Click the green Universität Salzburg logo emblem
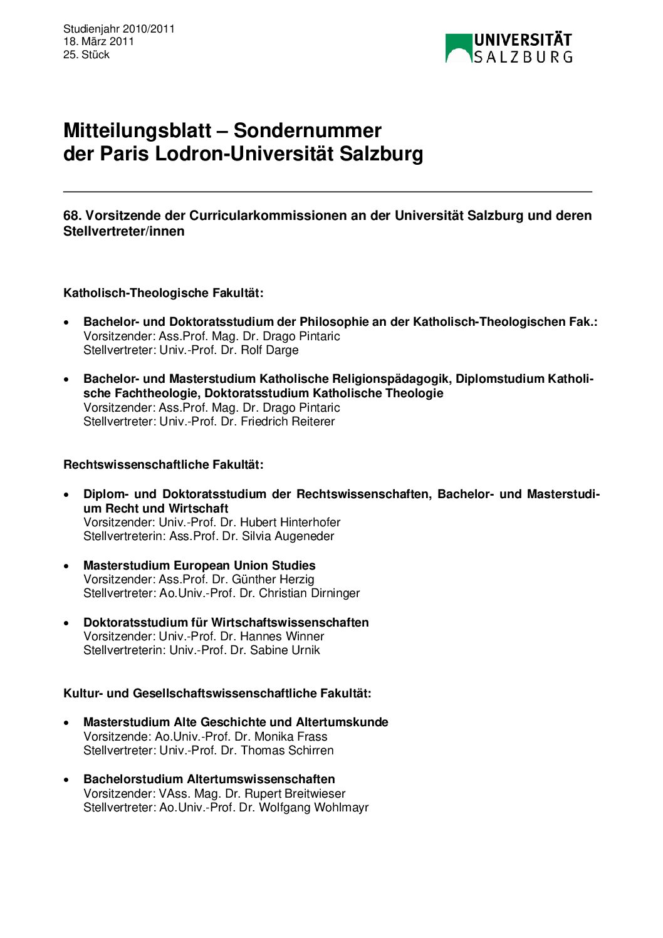458,48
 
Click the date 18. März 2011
98,41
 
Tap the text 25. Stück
86,55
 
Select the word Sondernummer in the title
307,130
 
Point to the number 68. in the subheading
72,216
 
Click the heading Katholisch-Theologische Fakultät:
164,293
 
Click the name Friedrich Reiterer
288,421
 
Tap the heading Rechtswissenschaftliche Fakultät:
164,464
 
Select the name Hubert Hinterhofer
290,522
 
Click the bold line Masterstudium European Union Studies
199,565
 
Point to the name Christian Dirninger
310,593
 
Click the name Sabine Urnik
285,650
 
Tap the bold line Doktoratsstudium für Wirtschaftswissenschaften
226,622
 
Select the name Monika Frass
291,736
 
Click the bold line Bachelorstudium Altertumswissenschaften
209,779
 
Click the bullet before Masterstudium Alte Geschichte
66,723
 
